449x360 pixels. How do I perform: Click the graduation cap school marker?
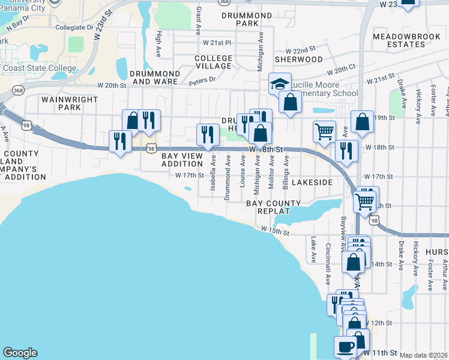(x=280, y=83)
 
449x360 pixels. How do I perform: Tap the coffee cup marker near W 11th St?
(x=345, y=346)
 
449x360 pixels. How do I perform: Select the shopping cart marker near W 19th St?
(x=324, y=131)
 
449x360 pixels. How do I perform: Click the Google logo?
(x=20, y=352)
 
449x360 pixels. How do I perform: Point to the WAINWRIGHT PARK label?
(x=61, y=103)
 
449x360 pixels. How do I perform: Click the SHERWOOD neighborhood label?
(x=299, y=60)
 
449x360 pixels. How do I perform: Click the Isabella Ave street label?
(x=213, y=174)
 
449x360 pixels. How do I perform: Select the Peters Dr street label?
(x=203, y=80)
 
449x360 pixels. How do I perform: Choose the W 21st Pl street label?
(x=217, y=43)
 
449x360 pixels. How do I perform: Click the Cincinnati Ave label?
(x=328, y=251)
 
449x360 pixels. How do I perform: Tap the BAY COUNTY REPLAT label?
(x=274, y=208)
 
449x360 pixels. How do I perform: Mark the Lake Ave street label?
(x=313, y=250)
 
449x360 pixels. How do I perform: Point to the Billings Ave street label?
(x=286, y=174)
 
